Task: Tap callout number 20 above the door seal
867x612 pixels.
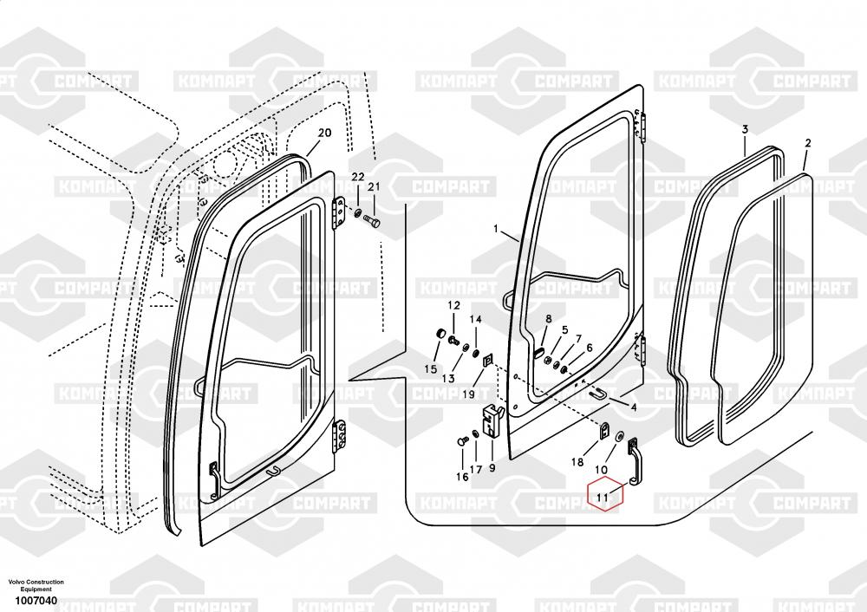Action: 324,133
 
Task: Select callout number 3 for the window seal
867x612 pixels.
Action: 745,129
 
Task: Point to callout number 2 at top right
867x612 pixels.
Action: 808,142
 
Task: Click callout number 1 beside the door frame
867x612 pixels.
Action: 497,230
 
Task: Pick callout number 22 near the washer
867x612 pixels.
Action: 357,177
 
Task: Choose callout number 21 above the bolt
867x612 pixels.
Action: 374,187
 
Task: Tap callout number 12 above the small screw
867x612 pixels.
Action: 453,306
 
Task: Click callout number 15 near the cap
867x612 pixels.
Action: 430,369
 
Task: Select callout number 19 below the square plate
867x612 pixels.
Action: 467,394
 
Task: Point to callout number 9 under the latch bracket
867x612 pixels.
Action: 492,468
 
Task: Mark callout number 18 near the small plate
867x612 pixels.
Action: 577,463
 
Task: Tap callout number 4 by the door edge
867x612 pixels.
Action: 634,407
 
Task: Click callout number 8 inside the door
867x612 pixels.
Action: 547,320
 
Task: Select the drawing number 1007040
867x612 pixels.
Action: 35,601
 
